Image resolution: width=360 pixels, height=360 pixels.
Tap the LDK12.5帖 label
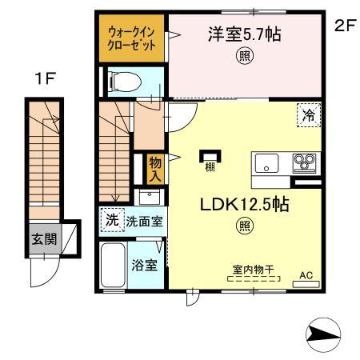[243, 205]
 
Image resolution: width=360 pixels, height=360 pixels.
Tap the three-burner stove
[305, 163]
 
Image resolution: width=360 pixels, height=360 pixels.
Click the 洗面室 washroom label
[143, 221]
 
